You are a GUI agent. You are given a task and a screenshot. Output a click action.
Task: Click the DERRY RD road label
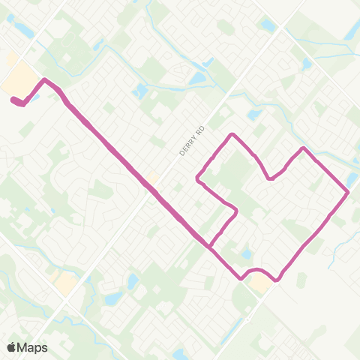coord(192,141)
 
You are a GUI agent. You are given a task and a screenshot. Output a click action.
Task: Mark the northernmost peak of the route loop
coord(233,134)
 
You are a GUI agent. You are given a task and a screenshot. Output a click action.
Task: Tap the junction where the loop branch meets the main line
coord(209,244)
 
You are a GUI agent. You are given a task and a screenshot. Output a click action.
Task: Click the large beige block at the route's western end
coord(21,78)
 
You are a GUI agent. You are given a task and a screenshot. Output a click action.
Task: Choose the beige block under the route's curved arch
coord(260,282)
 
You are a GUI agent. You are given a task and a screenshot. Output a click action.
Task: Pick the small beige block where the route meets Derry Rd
coord(153,178)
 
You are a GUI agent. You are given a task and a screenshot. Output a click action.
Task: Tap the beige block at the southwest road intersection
coord(64,283)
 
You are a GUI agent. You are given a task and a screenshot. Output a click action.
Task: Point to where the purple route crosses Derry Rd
coord(155,190)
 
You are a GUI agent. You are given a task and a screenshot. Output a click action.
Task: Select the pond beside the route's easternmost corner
coord(352,180)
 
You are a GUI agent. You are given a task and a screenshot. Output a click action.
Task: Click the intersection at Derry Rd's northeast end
coord(284,31)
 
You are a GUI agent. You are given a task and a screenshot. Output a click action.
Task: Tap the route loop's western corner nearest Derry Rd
coord(197,178)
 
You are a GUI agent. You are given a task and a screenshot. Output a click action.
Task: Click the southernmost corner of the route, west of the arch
coord(241,278)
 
